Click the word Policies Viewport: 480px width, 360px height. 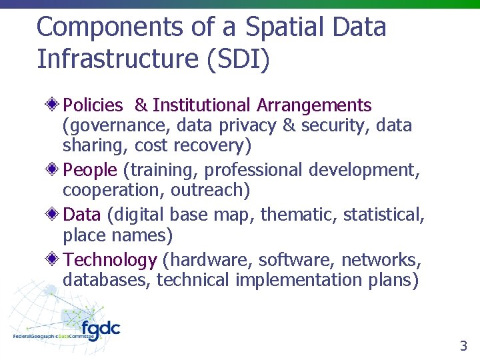click(x=93, y=105)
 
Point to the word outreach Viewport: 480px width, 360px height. click(x=209, y=191)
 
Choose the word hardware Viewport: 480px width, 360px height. click(x=204, y=260)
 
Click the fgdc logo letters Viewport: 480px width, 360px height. click(x=101, y=329)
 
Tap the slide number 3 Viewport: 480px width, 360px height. click(x=463, y=346)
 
